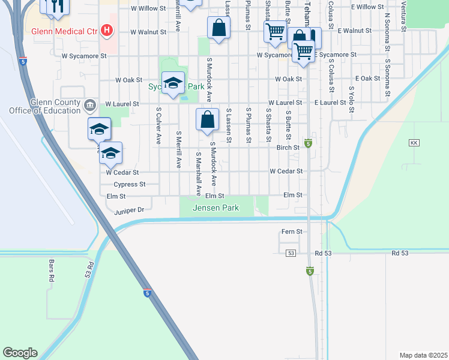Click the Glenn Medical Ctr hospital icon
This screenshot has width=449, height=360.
107,29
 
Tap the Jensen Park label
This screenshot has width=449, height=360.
215,208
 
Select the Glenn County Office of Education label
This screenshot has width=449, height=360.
44,106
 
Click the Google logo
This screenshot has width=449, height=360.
20,353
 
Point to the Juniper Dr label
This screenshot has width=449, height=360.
129,210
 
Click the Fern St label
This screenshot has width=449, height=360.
291,231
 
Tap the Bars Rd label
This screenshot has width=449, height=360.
51,275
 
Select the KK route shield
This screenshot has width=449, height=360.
414,143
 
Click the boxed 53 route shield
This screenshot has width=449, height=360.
291,253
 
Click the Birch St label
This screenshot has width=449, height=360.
288,147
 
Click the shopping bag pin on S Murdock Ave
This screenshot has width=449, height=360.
207,119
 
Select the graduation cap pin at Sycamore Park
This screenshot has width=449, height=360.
173,83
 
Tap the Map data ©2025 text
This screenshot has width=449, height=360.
423,355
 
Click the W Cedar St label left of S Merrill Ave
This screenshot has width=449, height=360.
122,172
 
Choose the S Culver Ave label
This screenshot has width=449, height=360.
159,126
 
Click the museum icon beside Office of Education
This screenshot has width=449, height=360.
90,106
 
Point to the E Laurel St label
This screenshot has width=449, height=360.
330,103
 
